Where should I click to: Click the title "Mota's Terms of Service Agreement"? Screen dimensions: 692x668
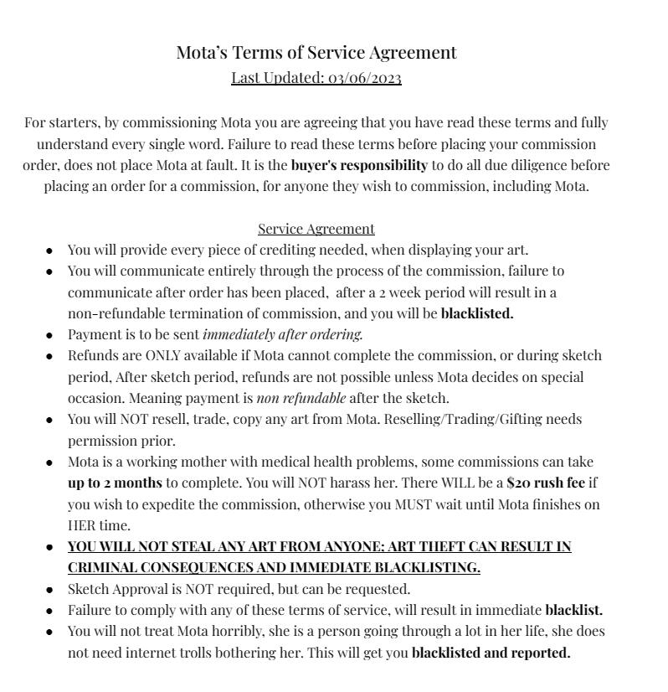(x=316, y=53)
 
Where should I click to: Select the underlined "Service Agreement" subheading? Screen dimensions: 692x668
(x=316, y=229)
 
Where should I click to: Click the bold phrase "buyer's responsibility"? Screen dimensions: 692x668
(x=359, y=165)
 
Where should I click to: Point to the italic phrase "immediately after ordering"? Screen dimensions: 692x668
(x=283, y=334)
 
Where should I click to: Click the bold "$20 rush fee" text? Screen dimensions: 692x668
(x=546, y=483)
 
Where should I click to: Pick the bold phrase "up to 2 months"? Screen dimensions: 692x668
(x=115, y=483)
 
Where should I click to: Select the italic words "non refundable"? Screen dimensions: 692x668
(x=301, y=398)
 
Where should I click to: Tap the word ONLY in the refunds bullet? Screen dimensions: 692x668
(x=137, y=355)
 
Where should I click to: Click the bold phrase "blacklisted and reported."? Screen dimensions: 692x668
(x=491, y=653)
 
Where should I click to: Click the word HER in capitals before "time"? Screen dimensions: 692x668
(x=81, y=525)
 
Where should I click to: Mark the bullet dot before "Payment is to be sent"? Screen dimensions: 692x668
(x=50, y=335)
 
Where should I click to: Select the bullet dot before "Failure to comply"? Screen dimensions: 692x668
(x=50, y=611)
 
